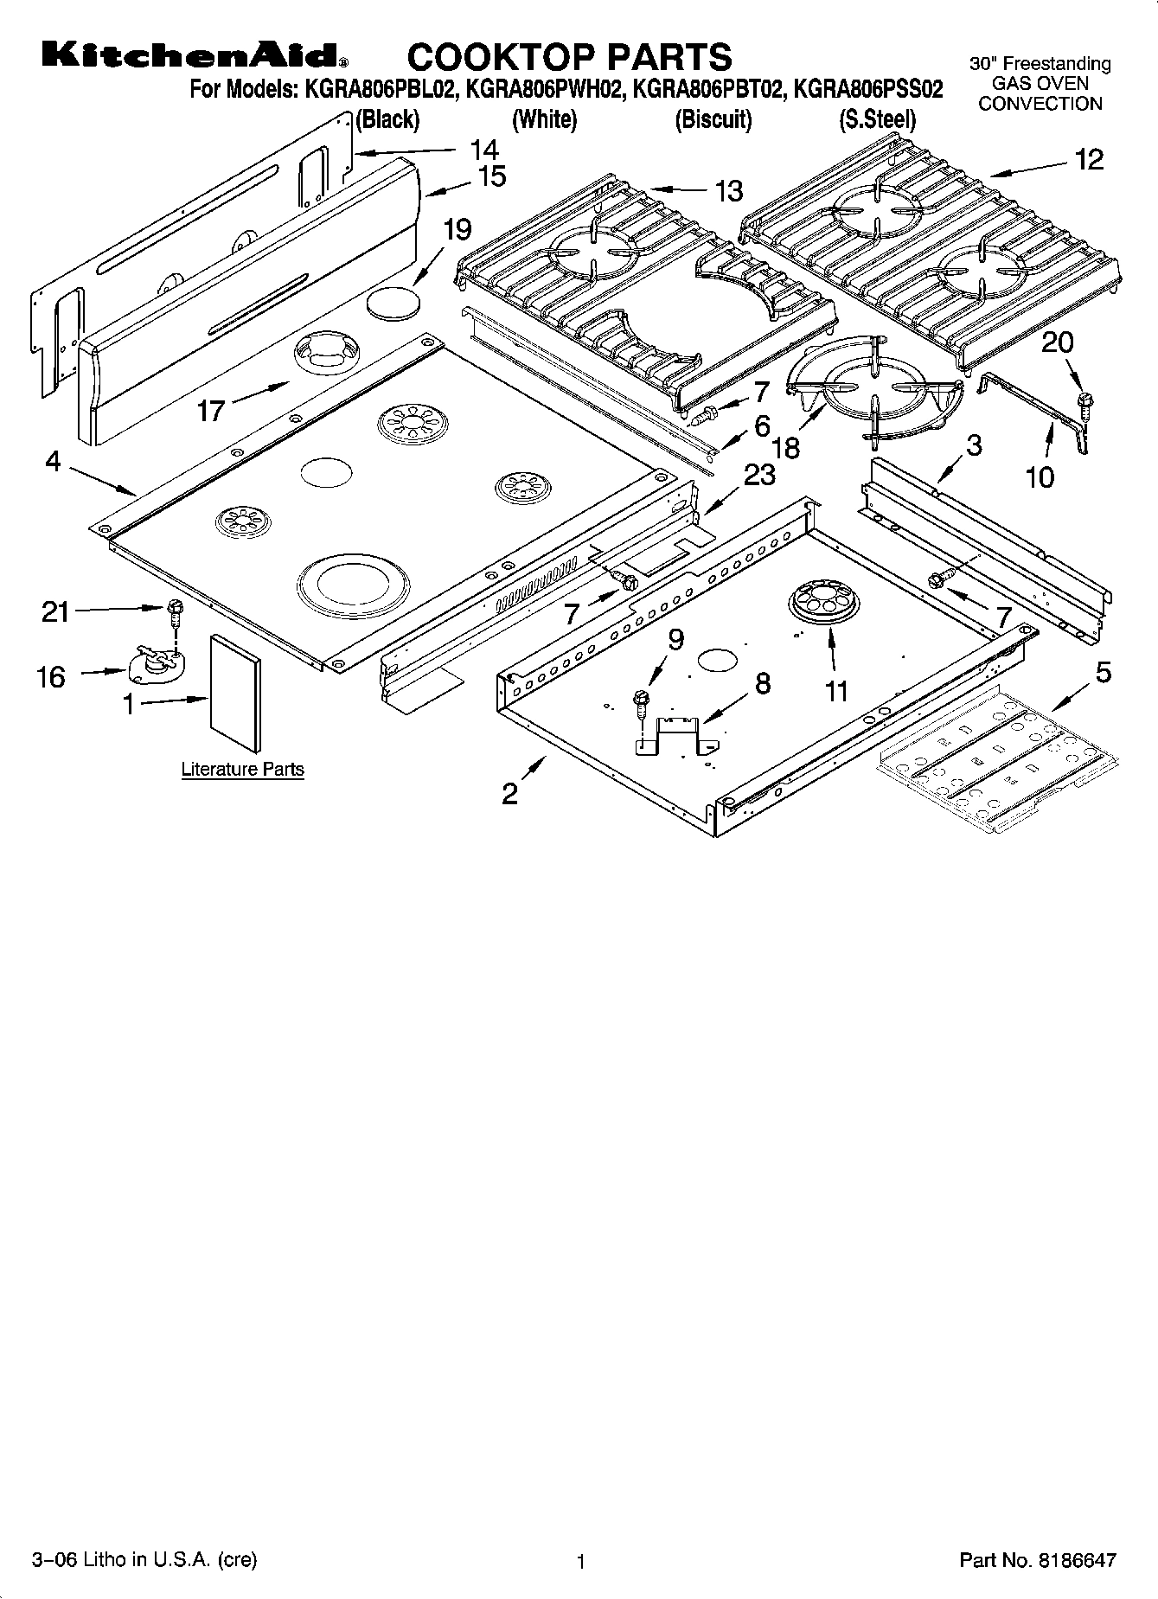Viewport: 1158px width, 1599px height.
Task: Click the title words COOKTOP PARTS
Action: (x=569, y=57)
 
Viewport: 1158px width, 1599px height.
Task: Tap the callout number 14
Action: (x=484, y=148)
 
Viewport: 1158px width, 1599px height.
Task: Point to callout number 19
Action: (x=457, y=230)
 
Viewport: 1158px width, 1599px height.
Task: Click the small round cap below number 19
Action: (x=393, y=303)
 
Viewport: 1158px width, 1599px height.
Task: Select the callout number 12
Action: (x=1089, y=159)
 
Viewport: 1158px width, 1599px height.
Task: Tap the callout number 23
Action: (x=759, y=475)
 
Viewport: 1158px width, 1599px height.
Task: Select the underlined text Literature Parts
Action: (x=242, y=769)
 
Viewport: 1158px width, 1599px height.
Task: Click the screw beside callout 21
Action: (x=175, y=611)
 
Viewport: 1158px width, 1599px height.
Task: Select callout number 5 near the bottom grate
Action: (x=1104, y=672)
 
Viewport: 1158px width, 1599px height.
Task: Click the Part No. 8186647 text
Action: (x=1037, y=1560)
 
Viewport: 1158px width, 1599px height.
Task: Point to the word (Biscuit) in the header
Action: (x=713, y=119)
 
